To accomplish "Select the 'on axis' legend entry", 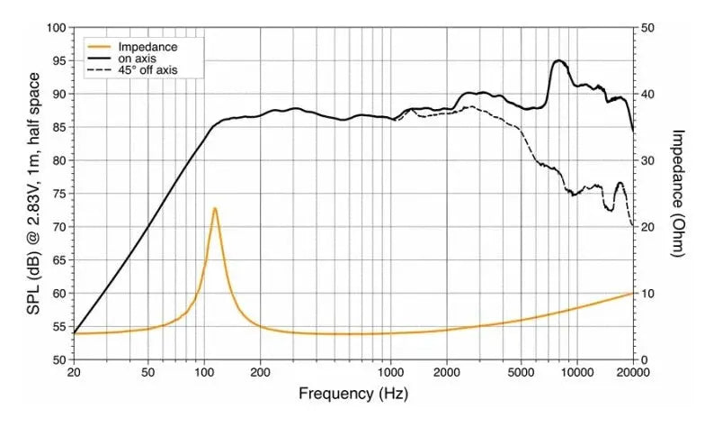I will tap(137, 57).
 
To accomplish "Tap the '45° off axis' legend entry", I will tap(148, 69).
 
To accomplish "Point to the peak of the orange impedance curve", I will tap(215, 208).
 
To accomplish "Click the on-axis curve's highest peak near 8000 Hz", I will tap(559, 60).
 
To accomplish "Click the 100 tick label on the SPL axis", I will tap(57, 28).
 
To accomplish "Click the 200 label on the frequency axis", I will tap(260, 371).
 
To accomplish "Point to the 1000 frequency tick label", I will tap(390, 371).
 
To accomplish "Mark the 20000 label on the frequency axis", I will tap(633, 371).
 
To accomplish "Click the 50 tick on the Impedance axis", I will tap(647, 28).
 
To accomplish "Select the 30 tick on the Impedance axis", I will tap(647, 160).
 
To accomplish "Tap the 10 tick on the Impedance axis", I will tap(647, 294).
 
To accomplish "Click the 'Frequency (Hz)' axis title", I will tap(346, 394).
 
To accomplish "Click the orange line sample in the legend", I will tap(99, 45).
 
